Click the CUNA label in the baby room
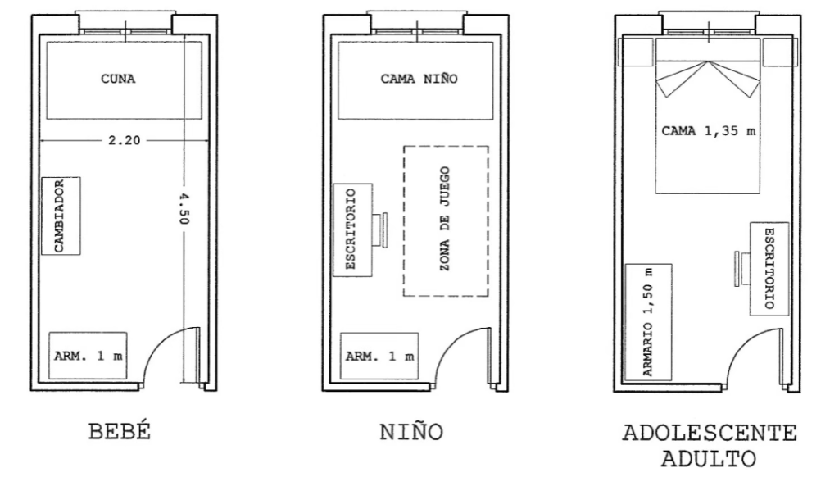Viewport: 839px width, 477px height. click(x=118, y=79)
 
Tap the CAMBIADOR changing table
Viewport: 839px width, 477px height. click(x=61, y=216)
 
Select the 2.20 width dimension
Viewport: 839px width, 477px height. click(x=125, y=140)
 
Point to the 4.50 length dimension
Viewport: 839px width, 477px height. click(x=184, y=209)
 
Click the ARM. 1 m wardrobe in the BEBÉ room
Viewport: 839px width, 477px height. click(x=88, y=356)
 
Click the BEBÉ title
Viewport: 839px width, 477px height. click(x=120, y=431)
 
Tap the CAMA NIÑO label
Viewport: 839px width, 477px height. click(x=419, y=79)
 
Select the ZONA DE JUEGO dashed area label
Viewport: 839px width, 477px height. click(x=445, y=219)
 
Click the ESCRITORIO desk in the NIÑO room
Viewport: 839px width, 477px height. click(x=352, y=230)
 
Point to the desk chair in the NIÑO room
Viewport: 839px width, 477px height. click(x=381, y=230)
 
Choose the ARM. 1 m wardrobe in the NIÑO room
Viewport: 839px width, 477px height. click(x=379, y=356)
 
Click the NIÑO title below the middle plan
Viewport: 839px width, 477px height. click(x=411, y=432)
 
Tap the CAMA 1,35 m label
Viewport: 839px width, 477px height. click(x=709, y=130)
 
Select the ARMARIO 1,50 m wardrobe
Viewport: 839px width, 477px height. click(x=649, y=322)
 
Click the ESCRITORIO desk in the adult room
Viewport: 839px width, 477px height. click(x=769, y=269)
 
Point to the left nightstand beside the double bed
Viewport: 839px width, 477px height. click(x=637, y=52)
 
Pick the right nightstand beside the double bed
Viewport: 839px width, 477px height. click(x=780, y=52)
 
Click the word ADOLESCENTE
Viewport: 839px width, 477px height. click(x=710, y=433)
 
